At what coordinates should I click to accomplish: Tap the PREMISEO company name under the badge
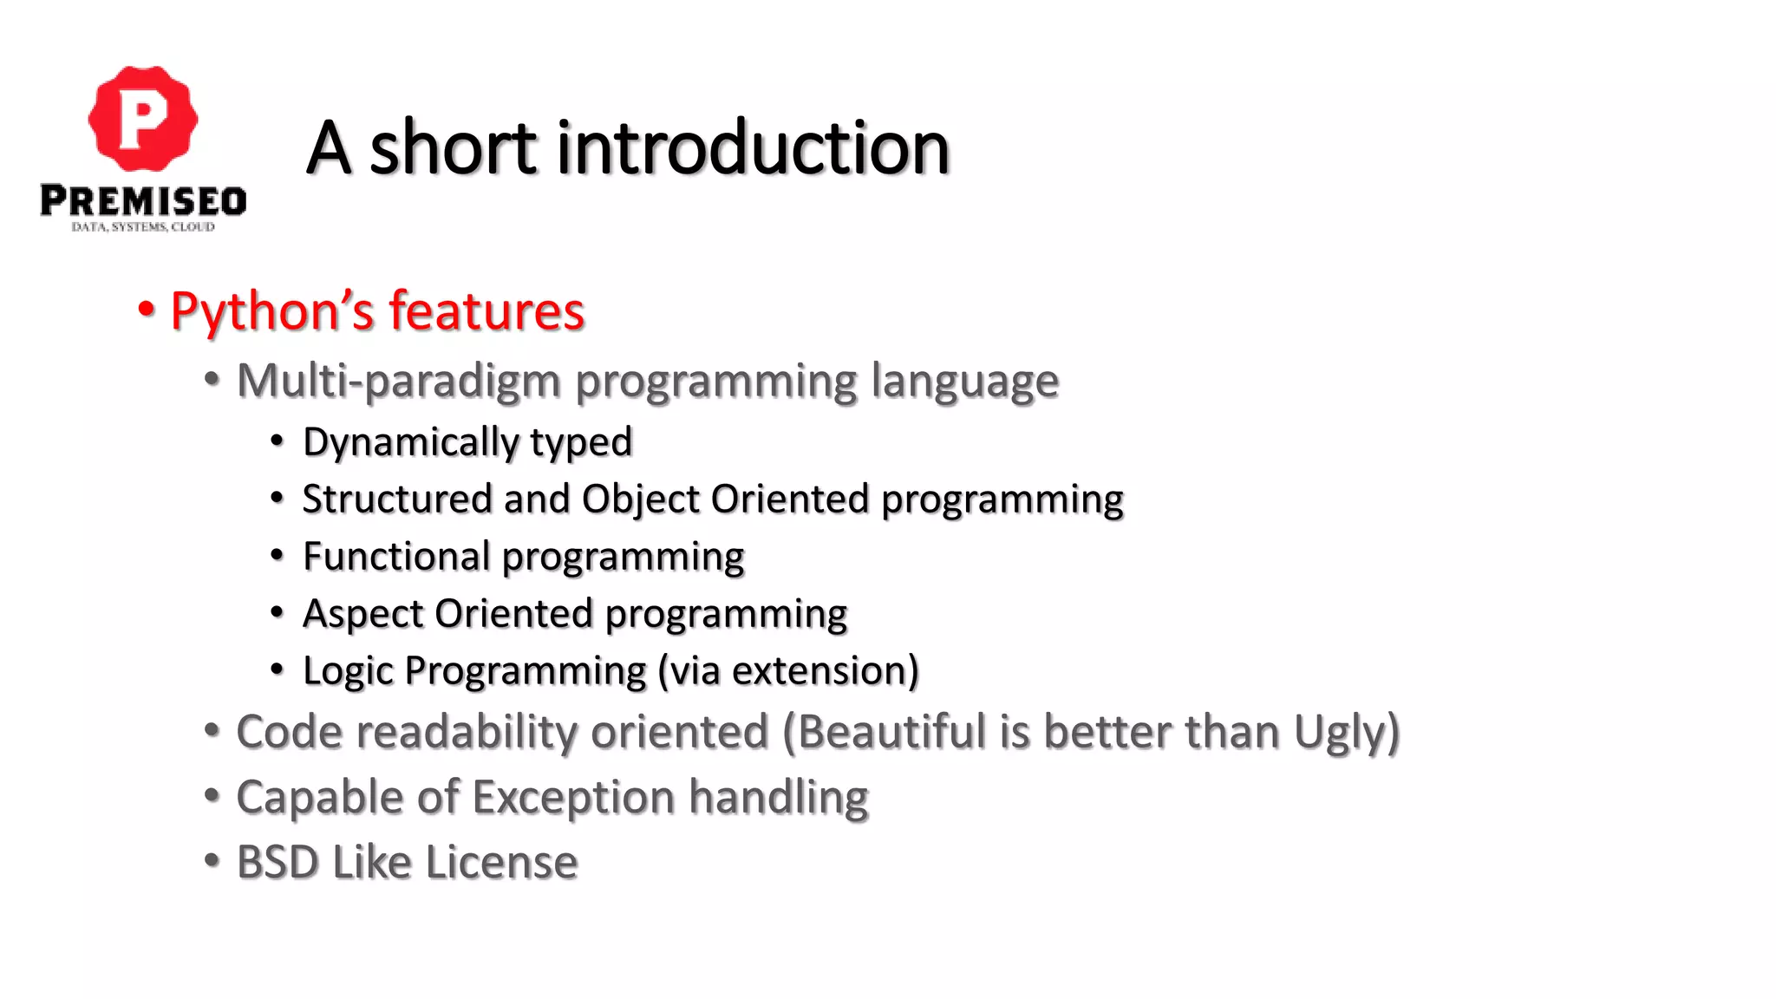click(143, 201)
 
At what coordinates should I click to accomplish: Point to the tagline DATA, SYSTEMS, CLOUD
click(143, 227)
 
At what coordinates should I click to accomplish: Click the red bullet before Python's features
click(147, 309)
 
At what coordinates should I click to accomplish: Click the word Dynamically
click(409, 442)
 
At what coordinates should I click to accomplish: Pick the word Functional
click(395, 556)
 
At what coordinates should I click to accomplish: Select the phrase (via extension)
click(788, 671)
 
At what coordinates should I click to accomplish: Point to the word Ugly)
click(1347, 734)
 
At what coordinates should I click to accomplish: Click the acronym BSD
click(277, 863)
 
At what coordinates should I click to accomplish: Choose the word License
click(501, 863)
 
